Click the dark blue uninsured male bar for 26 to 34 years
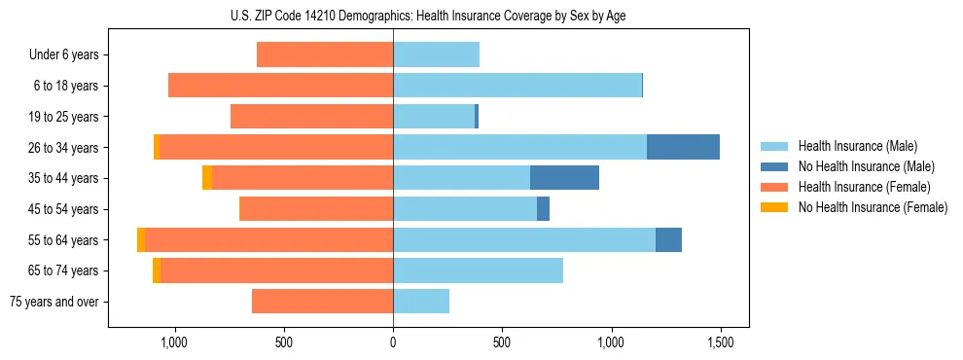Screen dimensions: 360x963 coord(683,147)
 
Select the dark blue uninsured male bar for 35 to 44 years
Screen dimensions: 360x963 coord(564,178)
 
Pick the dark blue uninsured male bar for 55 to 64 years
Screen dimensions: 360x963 coord(668,239)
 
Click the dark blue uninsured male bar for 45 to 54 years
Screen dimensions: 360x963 coord(543,208)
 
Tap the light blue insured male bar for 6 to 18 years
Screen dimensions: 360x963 coord(517,86)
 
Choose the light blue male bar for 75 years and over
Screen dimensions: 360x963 coord(421,302)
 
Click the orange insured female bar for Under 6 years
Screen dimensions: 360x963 coord(325,55)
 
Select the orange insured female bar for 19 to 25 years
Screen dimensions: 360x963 coord(311,117)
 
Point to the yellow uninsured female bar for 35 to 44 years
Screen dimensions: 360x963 coord(207,178)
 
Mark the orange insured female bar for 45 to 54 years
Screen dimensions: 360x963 coord(316,208)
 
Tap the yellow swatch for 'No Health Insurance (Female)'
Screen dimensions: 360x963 coord(774,207)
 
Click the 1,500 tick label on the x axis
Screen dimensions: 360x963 coord(721,342)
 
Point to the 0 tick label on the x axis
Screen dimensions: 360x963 coord(393,342)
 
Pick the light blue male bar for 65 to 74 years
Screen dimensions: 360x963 coord(478,270)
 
